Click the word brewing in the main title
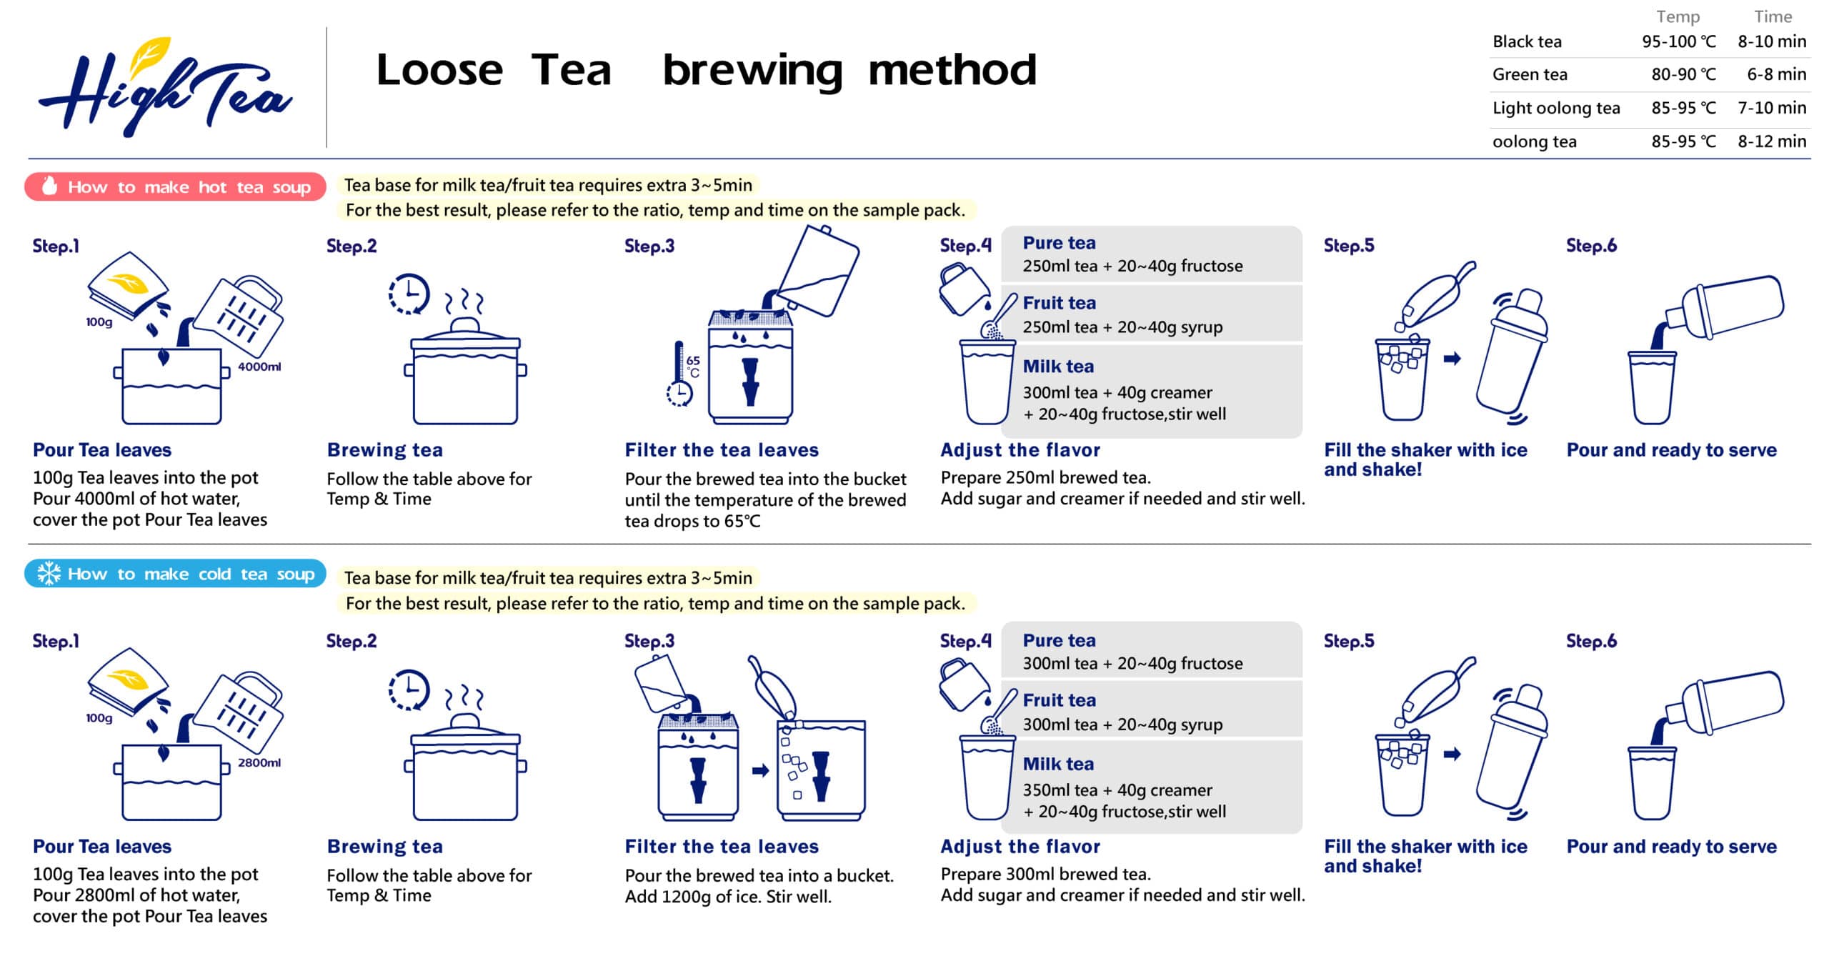pos(752,71)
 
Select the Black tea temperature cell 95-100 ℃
pos(1678,41)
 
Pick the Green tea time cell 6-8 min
pos(1775,74)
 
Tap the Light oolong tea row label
pos(1555,108)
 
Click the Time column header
pos(1772,16)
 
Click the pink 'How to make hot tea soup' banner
pos(175,187)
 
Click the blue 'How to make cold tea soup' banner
pos(175,574)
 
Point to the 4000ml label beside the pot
pos(259,367)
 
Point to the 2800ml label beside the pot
pos(259,762)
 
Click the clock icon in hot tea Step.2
pos(409,294)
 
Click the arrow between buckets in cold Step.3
pos(760,770)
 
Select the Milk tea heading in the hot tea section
pos(1057,367)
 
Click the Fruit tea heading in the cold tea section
pos(1059,700)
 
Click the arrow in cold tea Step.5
pos(1452,754)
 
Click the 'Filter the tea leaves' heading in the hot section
pos(721,450)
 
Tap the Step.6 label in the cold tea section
pos(1590,641)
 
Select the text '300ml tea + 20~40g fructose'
pos(1132,663)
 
